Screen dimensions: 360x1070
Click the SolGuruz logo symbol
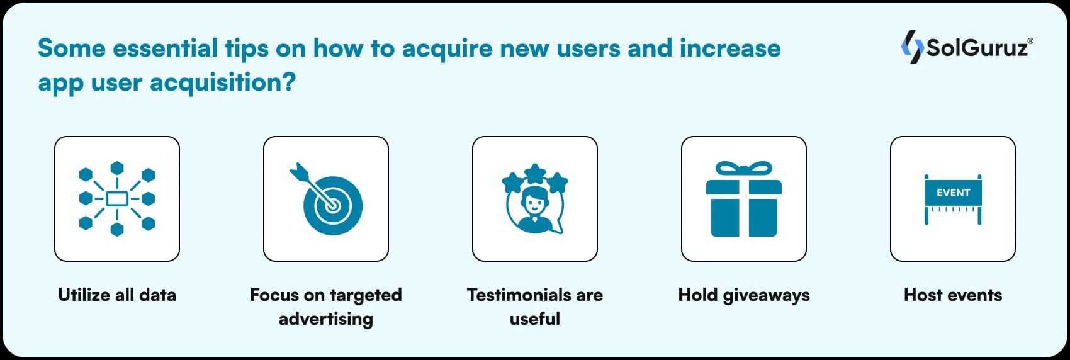tap(912, 47)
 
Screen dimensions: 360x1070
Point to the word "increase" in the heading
tap(729, 48)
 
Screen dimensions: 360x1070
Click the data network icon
tap(117, 199)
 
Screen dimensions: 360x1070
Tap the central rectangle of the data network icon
tap(117, 199)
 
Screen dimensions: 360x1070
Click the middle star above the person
tap(535, 172)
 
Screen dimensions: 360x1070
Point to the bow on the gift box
tap(744, 169)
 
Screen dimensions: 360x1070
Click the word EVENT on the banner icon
tap(953, 193)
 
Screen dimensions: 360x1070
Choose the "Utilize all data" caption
tap(117, 295)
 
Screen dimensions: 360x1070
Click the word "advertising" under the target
tap(326, 318)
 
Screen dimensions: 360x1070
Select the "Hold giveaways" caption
tap(744, 295)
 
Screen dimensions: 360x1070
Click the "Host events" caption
tap(953, 295)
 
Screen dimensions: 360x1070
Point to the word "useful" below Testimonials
tap(535, 318)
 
